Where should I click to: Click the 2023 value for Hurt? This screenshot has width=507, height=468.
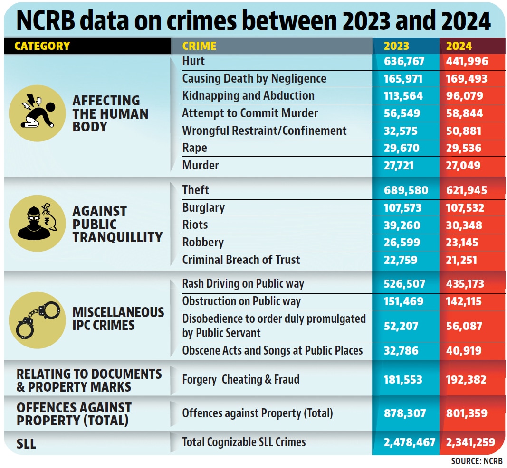tap(404, 61)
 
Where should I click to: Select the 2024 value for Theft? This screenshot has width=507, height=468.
tap(467, 190)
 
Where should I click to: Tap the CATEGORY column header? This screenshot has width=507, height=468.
tap(42, 46)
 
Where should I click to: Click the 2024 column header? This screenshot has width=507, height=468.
tap(459, 46)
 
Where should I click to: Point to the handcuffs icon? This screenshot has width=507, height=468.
tap(38, 320)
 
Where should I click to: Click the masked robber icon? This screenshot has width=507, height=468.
tap(38, 223)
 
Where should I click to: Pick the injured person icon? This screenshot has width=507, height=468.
tap(38, 113)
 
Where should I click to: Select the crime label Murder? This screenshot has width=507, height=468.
tap(201, 165)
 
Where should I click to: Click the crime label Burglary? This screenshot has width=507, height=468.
tap(203, 208)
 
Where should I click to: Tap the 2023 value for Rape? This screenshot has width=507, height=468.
tap(402, 148)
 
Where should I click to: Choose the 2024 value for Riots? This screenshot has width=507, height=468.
tap(464, 225)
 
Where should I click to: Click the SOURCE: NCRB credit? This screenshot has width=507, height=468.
tap(477, 461)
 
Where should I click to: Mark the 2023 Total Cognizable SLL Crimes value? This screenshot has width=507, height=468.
tap(409, 442)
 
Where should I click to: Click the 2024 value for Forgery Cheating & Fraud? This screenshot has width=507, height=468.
tap(466, 380)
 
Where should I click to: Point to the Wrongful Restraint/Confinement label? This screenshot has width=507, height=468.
tap(264, 131)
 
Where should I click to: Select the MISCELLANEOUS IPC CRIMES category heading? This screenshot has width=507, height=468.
tap(118, 318)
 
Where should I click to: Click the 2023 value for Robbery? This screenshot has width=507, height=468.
tap(402, 243)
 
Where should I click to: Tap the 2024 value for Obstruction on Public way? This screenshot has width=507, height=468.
tap(464, 301)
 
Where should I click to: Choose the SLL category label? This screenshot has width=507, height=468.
tap(26, 443)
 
